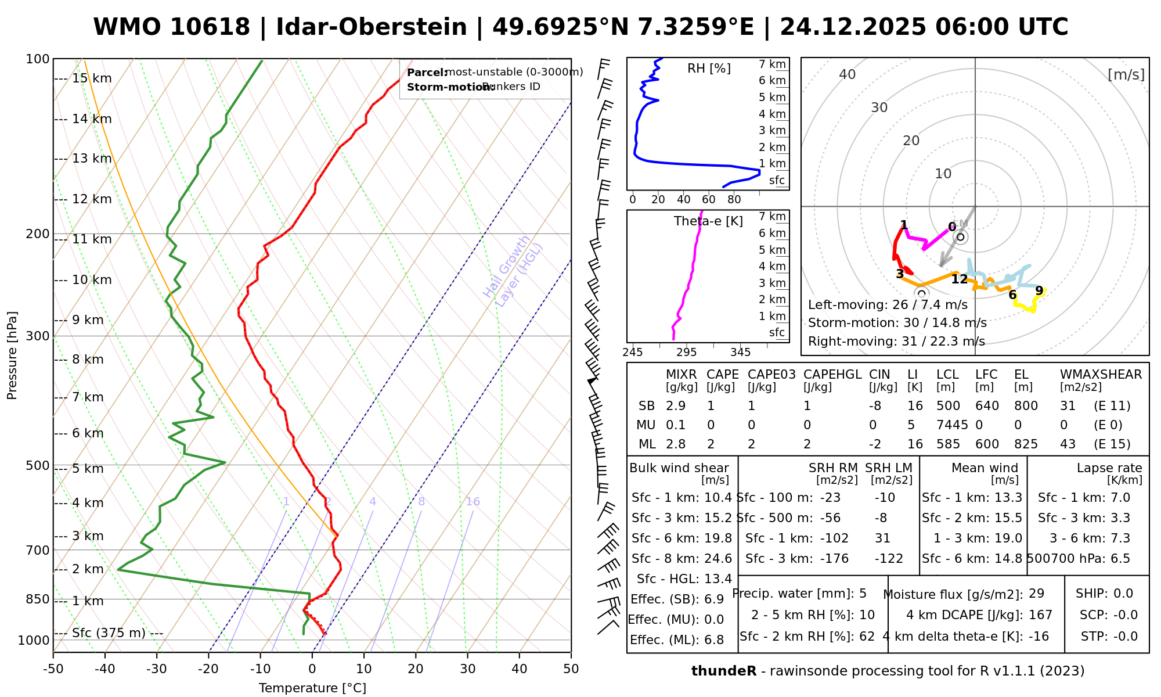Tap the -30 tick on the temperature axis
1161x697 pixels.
pos(156,669)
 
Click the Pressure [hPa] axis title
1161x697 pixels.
pos(12,355)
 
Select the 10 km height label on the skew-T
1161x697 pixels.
pos(92,280)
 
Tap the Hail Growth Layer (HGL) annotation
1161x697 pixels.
pos(513,271)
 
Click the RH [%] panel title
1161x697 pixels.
pos(709,69)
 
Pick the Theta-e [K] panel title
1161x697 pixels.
pos(708,221)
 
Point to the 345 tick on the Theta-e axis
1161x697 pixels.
pos(740,353)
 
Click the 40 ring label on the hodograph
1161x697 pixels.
pos(848,74)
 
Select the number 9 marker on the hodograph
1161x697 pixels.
pos(1039,290)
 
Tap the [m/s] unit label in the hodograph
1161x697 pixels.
pos(1126,75)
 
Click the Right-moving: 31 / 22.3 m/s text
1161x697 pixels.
pos(896,342)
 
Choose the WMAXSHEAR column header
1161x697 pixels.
pos(1101,375)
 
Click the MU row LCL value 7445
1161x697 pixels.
pos(952,425)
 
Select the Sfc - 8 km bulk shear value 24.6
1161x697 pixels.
pos(718,559)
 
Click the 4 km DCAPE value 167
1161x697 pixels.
pos(1040,615)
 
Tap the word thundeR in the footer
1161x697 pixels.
pos(724,671)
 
